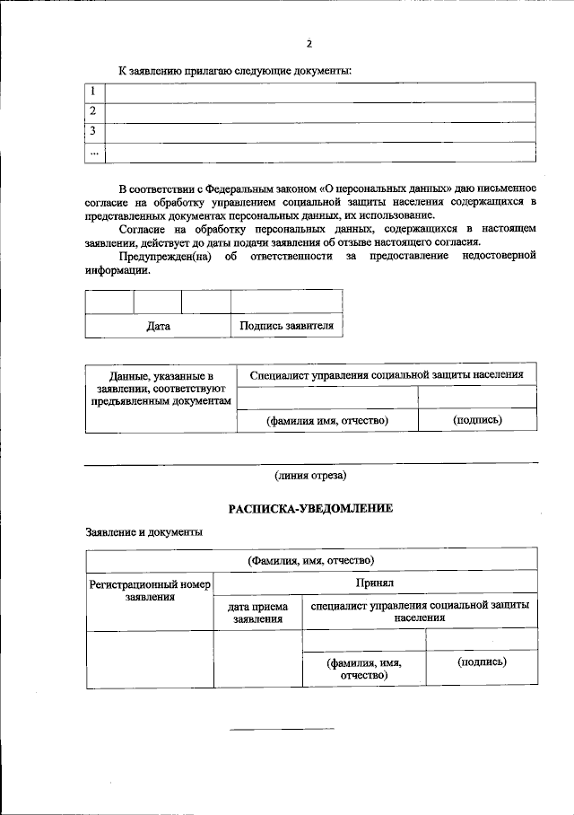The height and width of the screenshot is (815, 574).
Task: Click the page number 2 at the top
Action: click(309, 42)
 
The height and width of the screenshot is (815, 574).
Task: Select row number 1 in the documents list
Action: click(92, 92)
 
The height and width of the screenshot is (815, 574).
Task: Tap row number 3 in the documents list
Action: click(92, 131)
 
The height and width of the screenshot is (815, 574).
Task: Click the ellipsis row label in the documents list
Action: click(93, 152)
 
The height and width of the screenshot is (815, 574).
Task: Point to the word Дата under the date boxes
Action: click(158, 326)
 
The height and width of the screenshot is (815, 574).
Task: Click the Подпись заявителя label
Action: click(286, 326)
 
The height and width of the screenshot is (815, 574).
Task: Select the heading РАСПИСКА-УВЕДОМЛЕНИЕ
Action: click(310, 508)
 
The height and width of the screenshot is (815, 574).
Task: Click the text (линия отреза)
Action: click(310, 475)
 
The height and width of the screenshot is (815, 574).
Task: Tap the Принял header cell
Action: click(375, 582)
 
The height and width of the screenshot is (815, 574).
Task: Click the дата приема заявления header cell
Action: click(258, 612)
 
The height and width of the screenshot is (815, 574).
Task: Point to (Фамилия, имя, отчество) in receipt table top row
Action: click(310, 560)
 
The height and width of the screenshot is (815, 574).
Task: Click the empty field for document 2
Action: click(320, 112)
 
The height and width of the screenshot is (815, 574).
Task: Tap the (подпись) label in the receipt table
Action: click(482, 662)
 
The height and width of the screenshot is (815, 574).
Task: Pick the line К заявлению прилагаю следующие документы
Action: click(235, 70)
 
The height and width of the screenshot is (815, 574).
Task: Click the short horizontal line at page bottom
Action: click(282, 729)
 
